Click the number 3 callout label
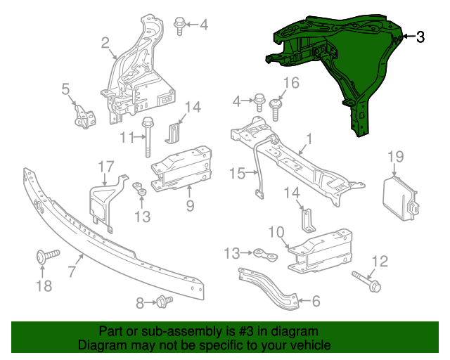point(420,37)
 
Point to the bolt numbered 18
point(42,259)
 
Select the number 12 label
point(379,262)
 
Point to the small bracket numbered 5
point(85,115)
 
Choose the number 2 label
point(105,44)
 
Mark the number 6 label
point(315,302)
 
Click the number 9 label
point(189,205)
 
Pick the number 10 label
point(276,232)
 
